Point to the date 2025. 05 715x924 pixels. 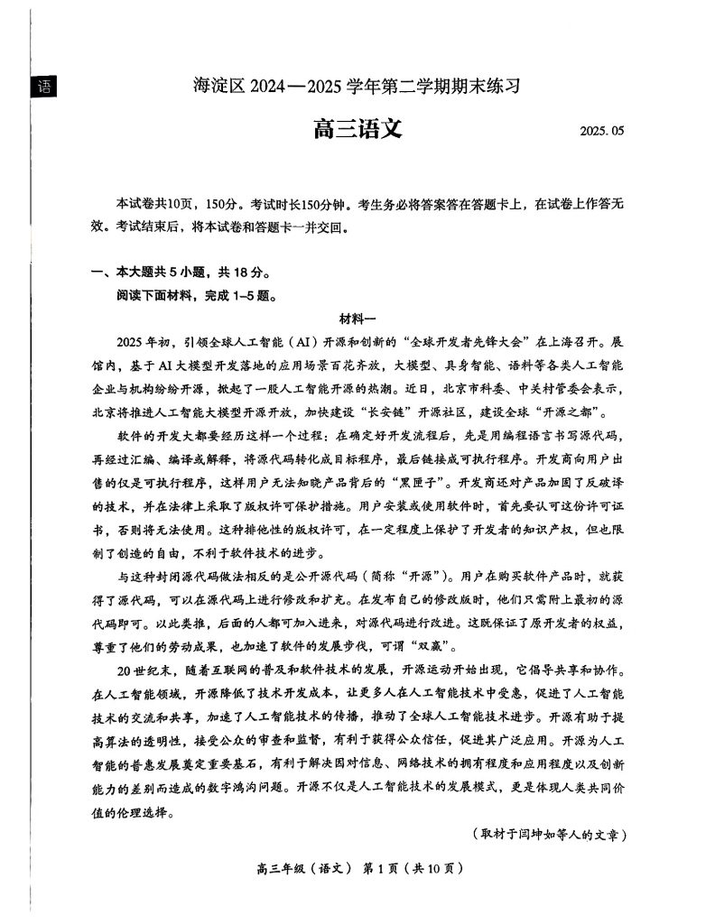point(602,132)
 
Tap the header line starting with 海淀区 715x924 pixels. point(357,88)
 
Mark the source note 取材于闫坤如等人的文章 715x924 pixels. point(550,835)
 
